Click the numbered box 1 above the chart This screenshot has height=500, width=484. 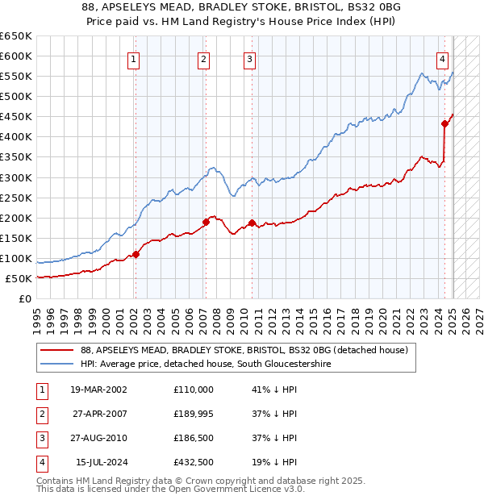click(132, 58)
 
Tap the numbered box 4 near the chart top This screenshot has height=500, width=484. click(443, 58)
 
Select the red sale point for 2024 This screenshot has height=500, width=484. click(444, 123)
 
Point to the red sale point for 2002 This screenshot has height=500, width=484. click(136, 254)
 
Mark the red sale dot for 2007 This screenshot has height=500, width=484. click(206, 222)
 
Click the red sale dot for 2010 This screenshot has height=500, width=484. click(252, 223)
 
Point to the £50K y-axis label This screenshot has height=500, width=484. click(19, 279)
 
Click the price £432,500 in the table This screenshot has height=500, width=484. click(194, 462)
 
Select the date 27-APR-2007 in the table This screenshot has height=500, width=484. click(99, 414)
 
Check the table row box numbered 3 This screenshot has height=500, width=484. click(41, 438)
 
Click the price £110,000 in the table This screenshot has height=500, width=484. click(194, 390)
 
